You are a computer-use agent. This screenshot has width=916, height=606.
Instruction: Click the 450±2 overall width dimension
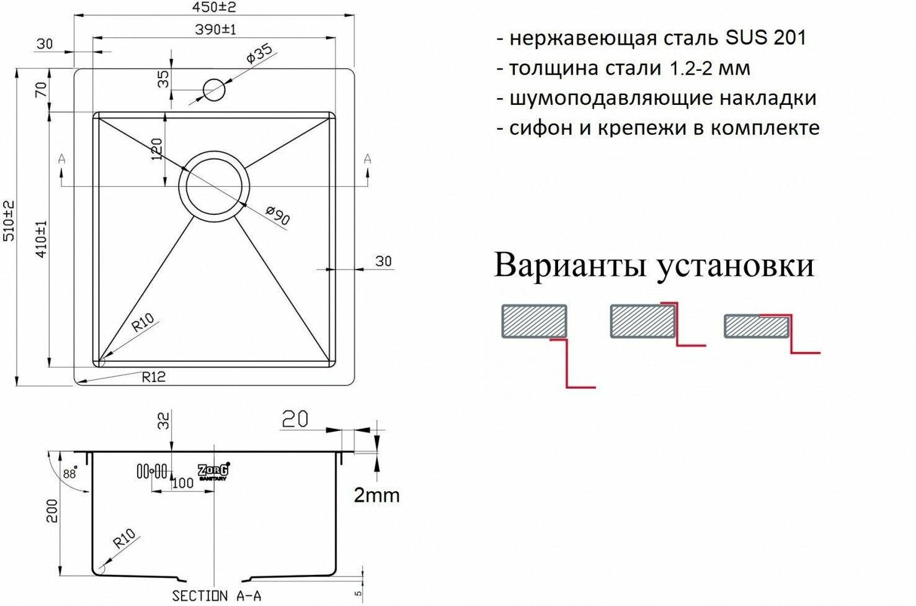[213, 8]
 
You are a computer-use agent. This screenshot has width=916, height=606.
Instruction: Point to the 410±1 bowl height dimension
[42, 240]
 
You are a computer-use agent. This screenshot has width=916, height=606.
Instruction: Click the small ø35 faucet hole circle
[215, 89]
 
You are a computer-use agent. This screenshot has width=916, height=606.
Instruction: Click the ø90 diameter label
[277, 215]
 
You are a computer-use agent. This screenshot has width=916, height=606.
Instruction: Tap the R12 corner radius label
[154, 377]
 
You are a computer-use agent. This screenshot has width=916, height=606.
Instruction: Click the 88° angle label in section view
[69, 473]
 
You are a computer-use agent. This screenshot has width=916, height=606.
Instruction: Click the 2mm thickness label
[376, 495]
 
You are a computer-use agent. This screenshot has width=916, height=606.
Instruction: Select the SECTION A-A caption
[216, 596]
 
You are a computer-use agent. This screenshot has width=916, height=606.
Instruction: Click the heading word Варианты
[571, 265]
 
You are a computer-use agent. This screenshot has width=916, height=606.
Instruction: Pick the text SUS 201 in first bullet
[766, 38]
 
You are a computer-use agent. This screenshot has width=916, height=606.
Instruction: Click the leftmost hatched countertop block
[534, 321]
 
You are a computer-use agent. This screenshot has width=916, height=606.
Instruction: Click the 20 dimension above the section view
[295, 420]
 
